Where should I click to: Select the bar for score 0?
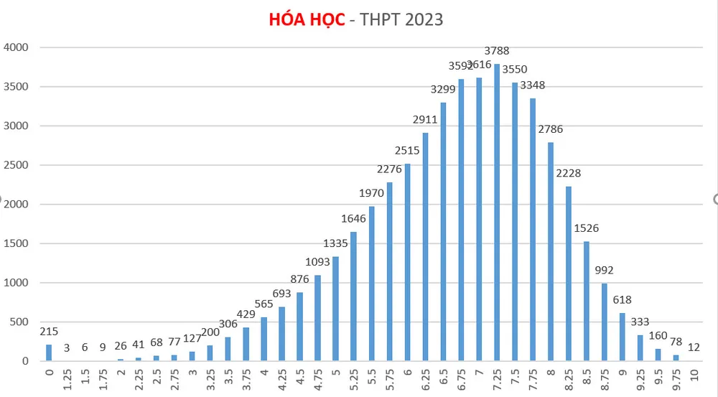point(49,352)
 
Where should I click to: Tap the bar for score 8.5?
point(586,301)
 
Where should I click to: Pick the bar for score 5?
point(335,309)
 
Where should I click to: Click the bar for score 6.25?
point(425,247)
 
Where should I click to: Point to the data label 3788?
point(498,51)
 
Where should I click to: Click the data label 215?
point(49,332)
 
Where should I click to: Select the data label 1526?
point(587,228)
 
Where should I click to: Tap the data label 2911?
point(425,119)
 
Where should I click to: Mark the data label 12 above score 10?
point(694,347)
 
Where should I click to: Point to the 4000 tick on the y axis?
point(16,48)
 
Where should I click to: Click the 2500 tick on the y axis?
point(16,165)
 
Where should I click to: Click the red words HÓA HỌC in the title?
point(307,19)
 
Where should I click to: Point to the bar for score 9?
point(622,337)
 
